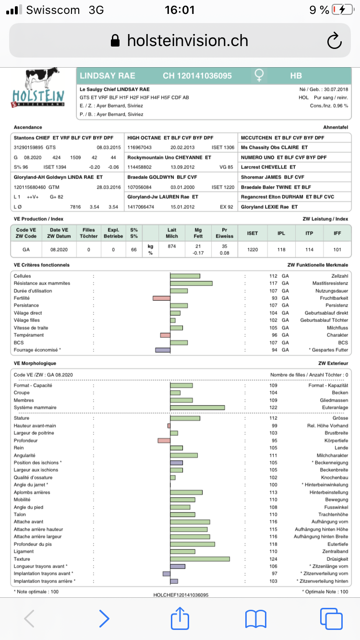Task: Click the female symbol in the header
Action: pyautogui.click(x=259, y=75)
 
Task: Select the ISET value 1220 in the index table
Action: pyautogui.click(x=252, y=249)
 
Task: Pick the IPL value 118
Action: pyautogui.click(x=281, y=249)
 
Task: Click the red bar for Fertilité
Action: pyautogui.click(x=162, y=298)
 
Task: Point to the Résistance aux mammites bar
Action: pyautogui.click(x=191, y=283)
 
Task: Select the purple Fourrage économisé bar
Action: pyautogui.click(x=163, y=350)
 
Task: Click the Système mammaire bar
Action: pyautogui.click(x=197, y=407)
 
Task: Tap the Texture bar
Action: pyautogui.click(x=200, y=559)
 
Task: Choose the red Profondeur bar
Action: pyautogui.click(x=164, y=440)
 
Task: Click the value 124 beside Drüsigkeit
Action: pyautogui.click(x=274, y=559)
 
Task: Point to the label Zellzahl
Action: pyautogui.click(x=339, y=276)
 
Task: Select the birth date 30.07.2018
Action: pyautogui.click(x=335, y=89)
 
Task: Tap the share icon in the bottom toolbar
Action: pyautogui.click(x=180, y=618)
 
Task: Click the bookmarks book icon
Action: pyautogui.click(x=255, y=618)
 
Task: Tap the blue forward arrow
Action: pyautogui.click(x=104, y=618)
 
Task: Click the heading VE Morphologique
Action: pyautogui.click(x=35, y=363)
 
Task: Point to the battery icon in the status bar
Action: pyautogui.click(x=342, y=10)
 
